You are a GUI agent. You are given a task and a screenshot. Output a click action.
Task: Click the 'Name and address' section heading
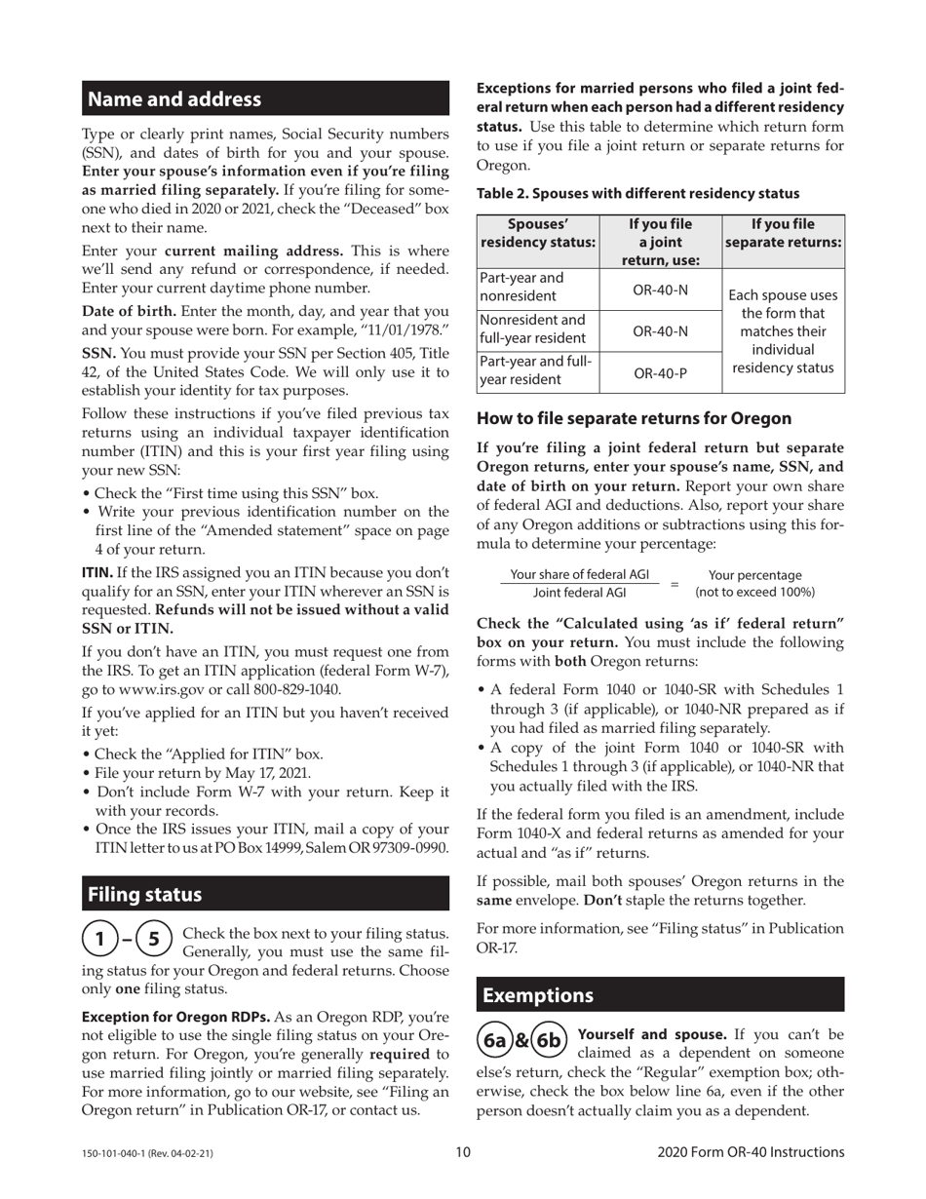[x=174, y=99]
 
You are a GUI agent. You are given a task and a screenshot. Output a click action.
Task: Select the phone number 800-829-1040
[x=292, y=689]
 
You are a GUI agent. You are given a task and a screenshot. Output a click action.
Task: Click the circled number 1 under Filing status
[x=99, y=940]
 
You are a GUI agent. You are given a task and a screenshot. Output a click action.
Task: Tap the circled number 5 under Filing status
[x=153, y=940]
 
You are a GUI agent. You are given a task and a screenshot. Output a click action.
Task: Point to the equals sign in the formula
[x=674, y=584]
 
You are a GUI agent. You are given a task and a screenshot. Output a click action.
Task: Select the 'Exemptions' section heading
[x=538, y=995]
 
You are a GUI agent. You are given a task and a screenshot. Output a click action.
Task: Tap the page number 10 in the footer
[x=463, y=1152]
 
